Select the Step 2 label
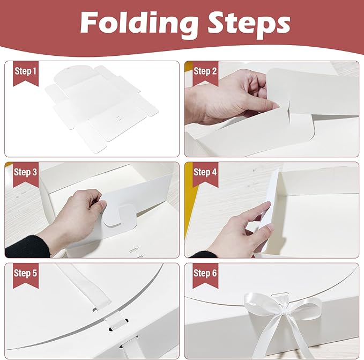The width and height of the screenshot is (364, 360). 205,71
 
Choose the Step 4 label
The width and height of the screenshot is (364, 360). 205,172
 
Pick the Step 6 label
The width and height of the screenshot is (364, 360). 205,273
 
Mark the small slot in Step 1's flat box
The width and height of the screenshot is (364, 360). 120,114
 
